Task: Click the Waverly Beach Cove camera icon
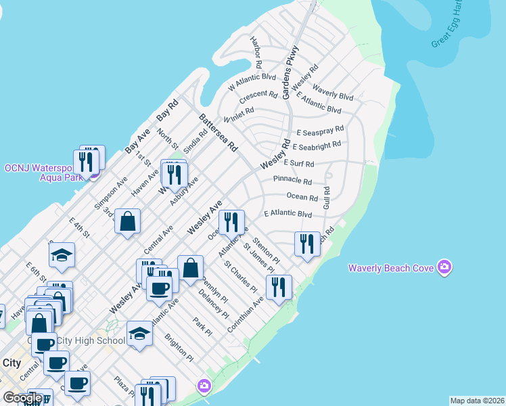pyautogui.click(x=444, y=267)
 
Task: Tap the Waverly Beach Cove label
pyautogui.click(x=390, y=268)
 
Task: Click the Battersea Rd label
pyautogui.click(x=218, y=132)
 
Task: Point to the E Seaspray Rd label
pyautogui.click(x=320, y=130)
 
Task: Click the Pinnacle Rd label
pyautogui.click(x=292, y=181)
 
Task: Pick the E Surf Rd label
pyautogui.click(x=299, y=164)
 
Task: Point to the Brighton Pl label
pyautogui.click(x=181, y=350)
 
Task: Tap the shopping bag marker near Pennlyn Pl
pyautogui.click(x=191, y=267)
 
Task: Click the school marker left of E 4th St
pyautogui.click(x=62, y=255)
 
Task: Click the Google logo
pyautogui.click(x=22, y=398)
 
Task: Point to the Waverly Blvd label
pyautogui.click(x=333, y=95)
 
